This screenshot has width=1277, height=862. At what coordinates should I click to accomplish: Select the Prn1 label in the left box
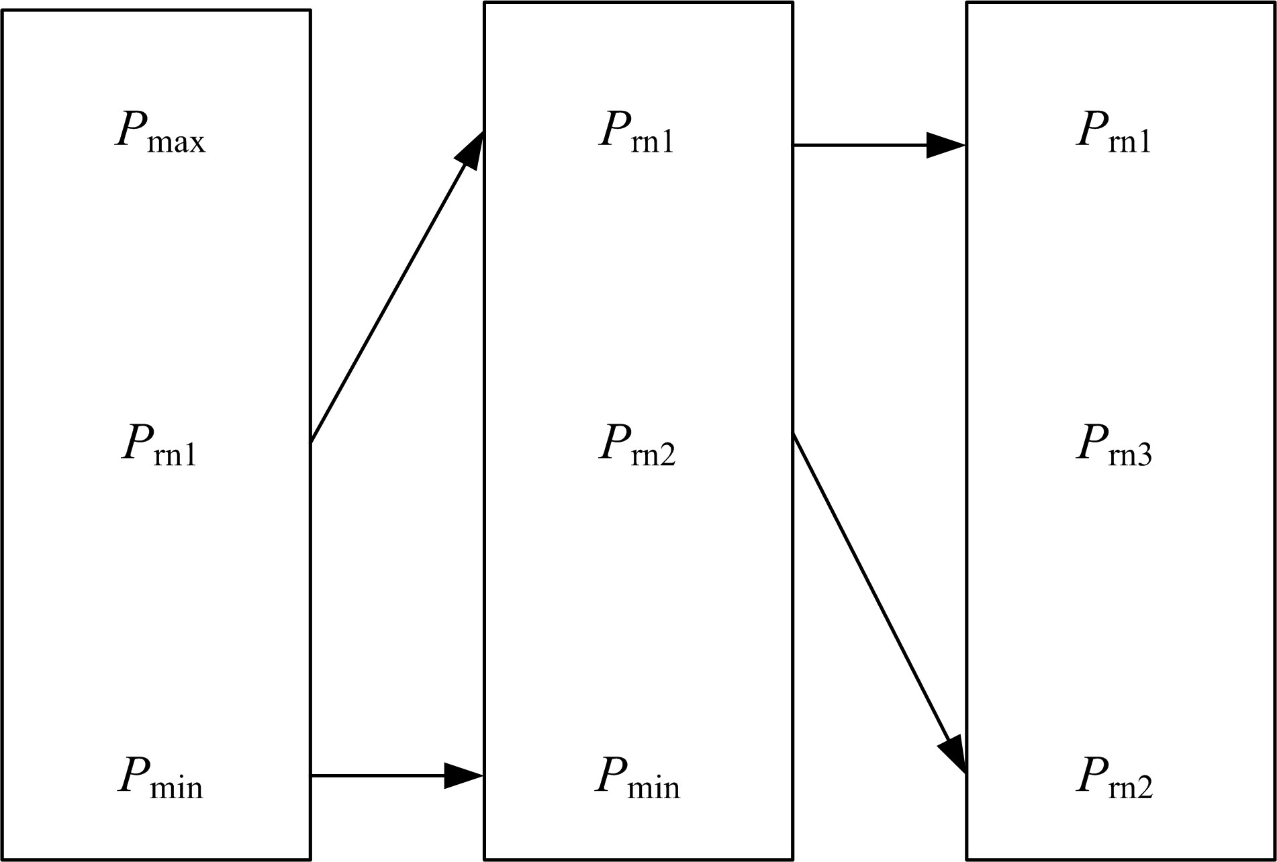point(160,444)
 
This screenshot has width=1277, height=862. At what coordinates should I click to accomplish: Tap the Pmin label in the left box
point(160,778)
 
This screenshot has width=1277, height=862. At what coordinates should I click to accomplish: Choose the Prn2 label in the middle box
point(636,444)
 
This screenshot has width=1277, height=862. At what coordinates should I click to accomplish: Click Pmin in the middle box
point(636,778)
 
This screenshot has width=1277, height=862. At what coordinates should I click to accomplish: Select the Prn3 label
point(1114,444)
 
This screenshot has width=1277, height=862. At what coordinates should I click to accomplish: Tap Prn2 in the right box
point(1114,778)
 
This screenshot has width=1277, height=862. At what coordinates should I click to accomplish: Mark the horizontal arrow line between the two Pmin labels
point(376,776)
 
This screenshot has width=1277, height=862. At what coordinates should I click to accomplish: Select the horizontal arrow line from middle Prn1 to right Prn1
point(859,145)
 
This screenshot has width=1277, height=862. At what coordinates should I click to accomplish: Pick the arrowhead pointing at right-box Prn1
point(945,145)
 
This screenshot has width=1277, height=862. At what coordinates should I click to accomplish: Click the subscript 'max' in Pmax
point(176,143)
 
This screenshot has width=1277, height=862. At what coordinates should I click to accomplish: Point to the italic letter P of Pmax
point(129,128)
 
